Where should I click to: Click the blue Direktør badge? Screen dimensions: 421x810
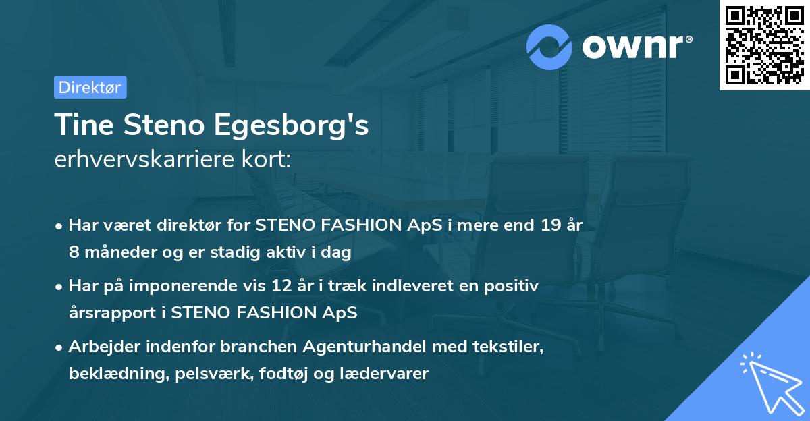90,87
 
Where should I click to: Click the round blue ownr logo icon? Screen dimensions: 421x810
549,47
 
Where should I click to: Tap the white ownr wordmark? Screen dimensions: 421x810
637,47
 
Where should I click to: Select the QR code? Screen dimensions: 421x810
764,45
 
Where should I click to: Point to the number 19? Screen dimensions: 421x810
545,226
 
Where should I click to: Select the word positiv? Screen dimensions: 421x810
514,287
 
